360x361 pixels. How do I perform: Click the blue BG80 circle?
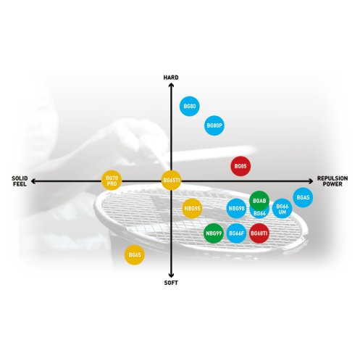pyautogui.click(x=190, y=106)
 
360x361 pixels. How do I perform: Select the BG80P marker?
pyautogui.click(x=214, y=125)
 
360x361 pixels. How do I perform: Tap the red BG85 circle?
pyautogui.click(x=240, y=166)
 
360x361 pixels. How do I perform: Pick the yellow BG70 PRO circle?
pyautogui.click(x=112, y=180)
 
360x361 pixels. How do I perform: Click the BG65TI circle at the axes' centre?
pyautogui.click(x=171, y=180)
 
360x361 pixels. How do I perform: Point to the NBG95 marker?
pyautogui.click(x=192, y=208)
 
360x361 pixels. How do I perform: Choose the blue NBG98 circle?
pyautogui.click(x=236, y=208)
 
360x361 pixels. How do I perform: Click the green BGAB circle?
pyautogui.click(x=259, y=201)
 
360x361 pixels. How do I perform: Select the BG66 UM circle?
pyautogui.click(x=282, y=208)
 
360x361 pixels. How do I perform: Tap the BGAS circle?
pyautogui.click(x=303, y=197)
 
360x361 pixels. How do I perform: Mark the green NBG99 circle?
pyautogui.click(x=214, y=233)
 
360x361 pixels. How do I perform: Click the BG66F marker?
pyautogui.click(x=236, y=233)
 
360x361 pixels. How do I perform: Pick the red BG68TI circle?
pyautogui.click(x=259, y=233)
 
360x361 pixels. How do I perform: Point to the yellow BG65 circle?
pyautogui.click(x=135, y=254)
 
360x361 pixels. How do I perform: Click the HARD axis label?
pyautogui.click(x=171, y=78)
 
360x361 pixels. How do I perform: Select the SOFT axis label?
pyautogui.click(x=171, y=283)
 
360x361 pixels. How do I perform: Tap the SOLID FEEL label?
pyautogui.click(x=20, y=181)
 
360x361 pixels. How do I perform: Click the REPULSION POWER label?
pyautogui.click(x=332, y=181)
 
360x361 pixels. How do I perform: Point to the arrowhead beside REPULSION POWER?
pyautogui.click(x=311, y=181)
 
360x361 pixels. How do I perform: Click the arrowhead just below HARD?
pyautogui.click(x=171, y=85)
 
